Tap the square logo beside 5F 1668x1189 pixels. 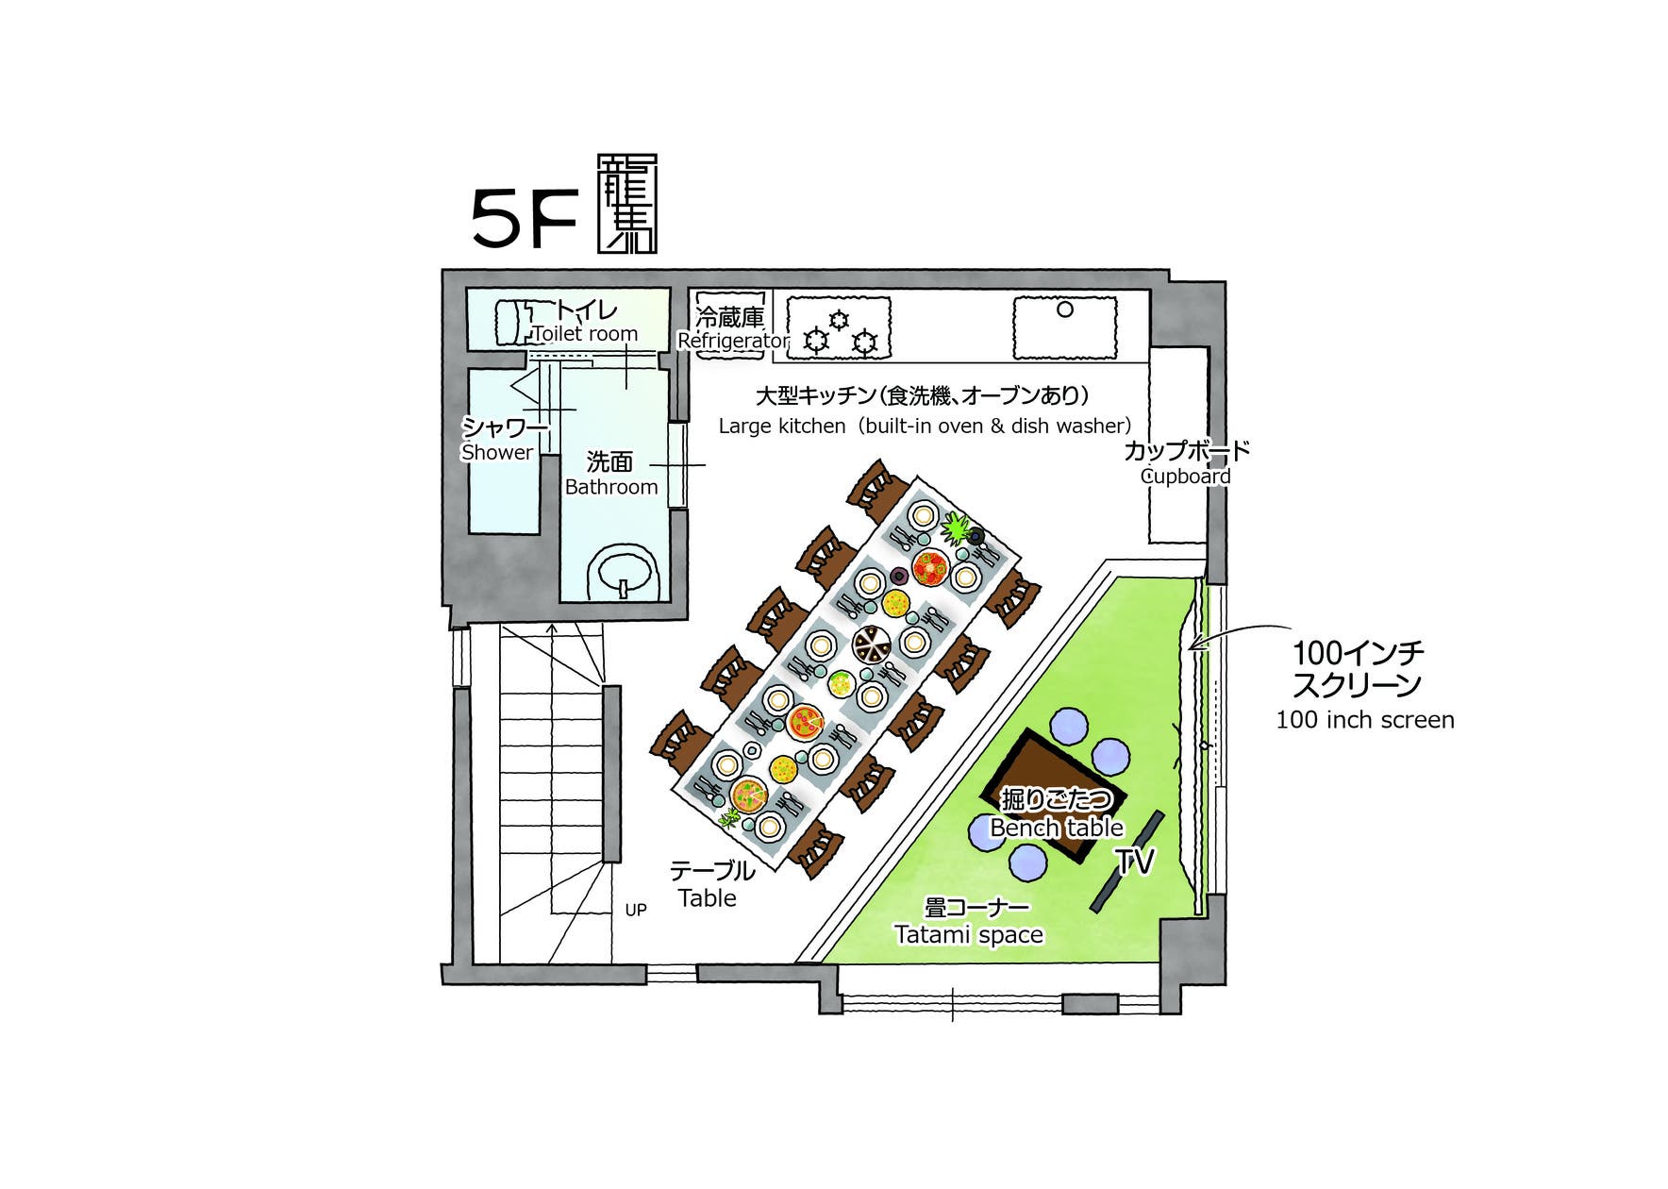(627, 204)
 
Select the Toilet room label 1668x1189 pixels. (585, 333)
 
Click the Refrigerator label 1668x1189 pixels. (733, 340)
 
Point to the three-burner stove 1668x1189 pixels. (839, 328)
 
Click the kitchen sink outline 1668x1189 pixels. (1064, 327)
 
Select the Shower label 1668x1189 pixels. (497, 452)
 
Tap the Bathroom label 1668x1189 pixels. (611, 487)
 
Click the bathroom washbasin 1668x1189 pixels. (622, 572)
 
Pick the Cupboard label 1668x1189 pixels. (1186, 476)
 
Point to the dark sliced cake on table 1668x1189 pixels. (871, 645)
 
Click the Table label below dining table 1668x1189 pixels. (708, 897)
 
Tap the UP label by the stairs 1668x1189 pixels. (636, 910)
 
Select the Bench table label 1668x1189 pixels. (1057, 828)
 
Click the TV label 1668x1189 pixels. (1135, 861)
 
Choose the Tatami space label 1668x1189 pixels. (969, 934)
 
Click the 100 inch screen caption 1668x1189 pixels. (1364, 719)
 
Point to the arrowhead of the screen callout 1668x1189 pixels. (1192, 646)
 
